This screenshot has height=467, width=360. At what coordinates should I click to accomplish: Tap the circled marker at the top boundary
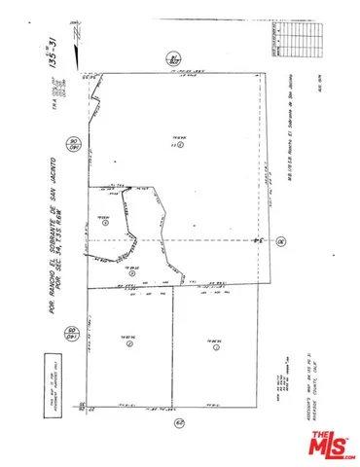(175, 58)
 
